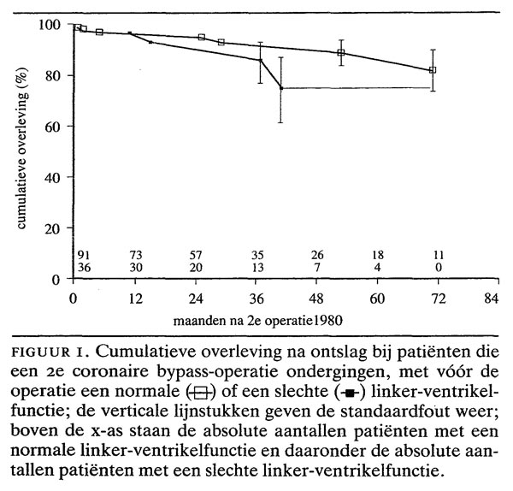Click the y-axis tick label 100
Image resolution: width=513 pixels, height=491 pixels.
[50, 25]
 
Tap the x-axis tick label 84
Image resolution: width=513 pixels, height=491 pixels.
[490, 299]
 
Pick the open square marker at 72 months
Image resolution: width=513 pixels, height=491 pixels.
[433, 70]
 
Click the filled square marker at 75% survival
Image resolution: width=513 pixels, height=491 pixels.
[281, 88]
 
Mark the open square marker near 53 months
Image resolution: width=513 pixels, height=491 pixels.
[341, 52]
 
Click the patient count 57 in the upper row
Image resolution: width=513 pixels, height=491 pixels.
[196, 254]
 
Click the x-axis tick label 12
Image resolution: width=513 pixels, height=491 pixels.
[134, 299]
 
